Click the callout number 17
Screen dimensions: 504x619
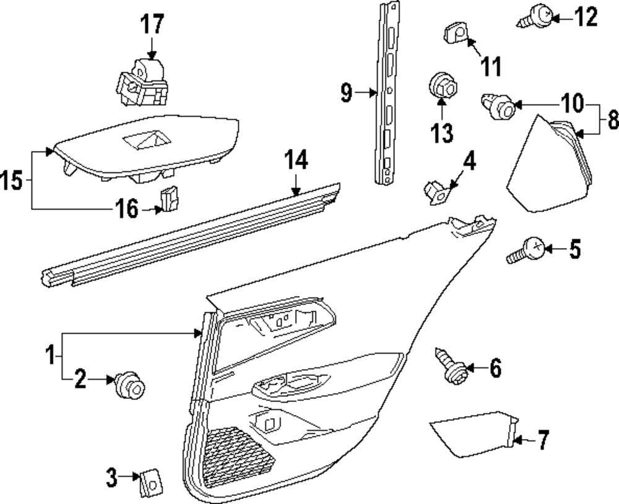[x=152, y=25]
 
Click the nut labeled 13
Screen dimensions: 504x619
[x=441, y=85]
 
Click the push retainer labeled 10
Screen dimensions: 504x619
[x=499, y=106]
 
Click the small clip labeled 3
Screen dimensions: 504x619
[x=149, y=481]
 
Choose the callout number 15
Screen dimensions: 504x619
[x=14, y=181]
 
